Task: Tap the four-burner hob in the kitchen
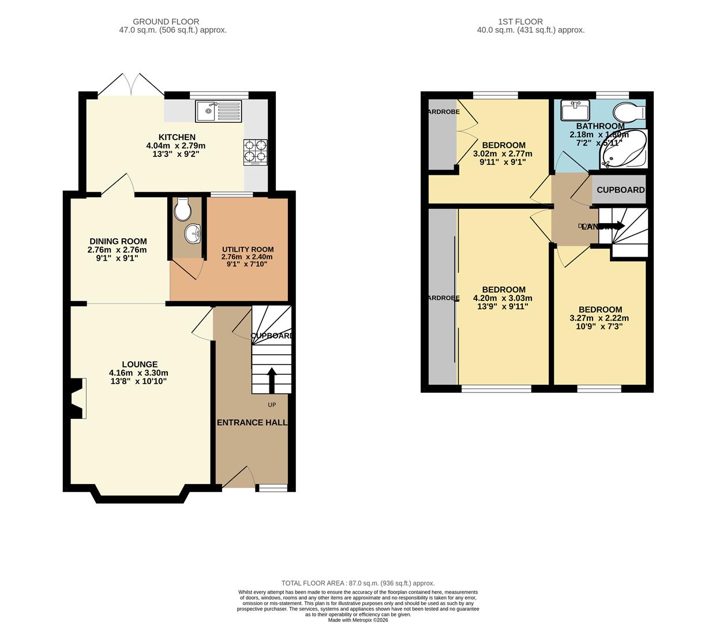click(x=256, y=151)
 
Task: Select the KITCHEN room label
click(x=177, y=137)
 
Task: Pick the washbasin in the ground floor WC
click(x=192, y=234)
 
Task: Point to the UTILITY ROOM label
click(x=248, y=249)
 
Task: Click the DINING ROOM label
click(x=118, y=241)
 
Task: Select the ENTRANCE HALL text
click(x=252, y=422)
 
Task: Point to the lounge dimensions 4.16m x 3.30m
click(x=138, y=373)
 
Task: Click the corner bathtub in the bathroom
click(x=623, y=149)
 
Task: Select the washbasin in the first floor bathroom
click(x=575, y=110)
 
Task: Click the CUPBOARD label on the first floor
click(x=620, y=190)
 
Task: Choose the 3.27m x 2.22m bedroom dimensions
click(x=599, y=318)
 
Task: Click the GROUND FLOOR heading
click(x=166, y=22)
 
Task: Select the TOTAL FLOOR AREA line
click(x=358, y=583)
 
